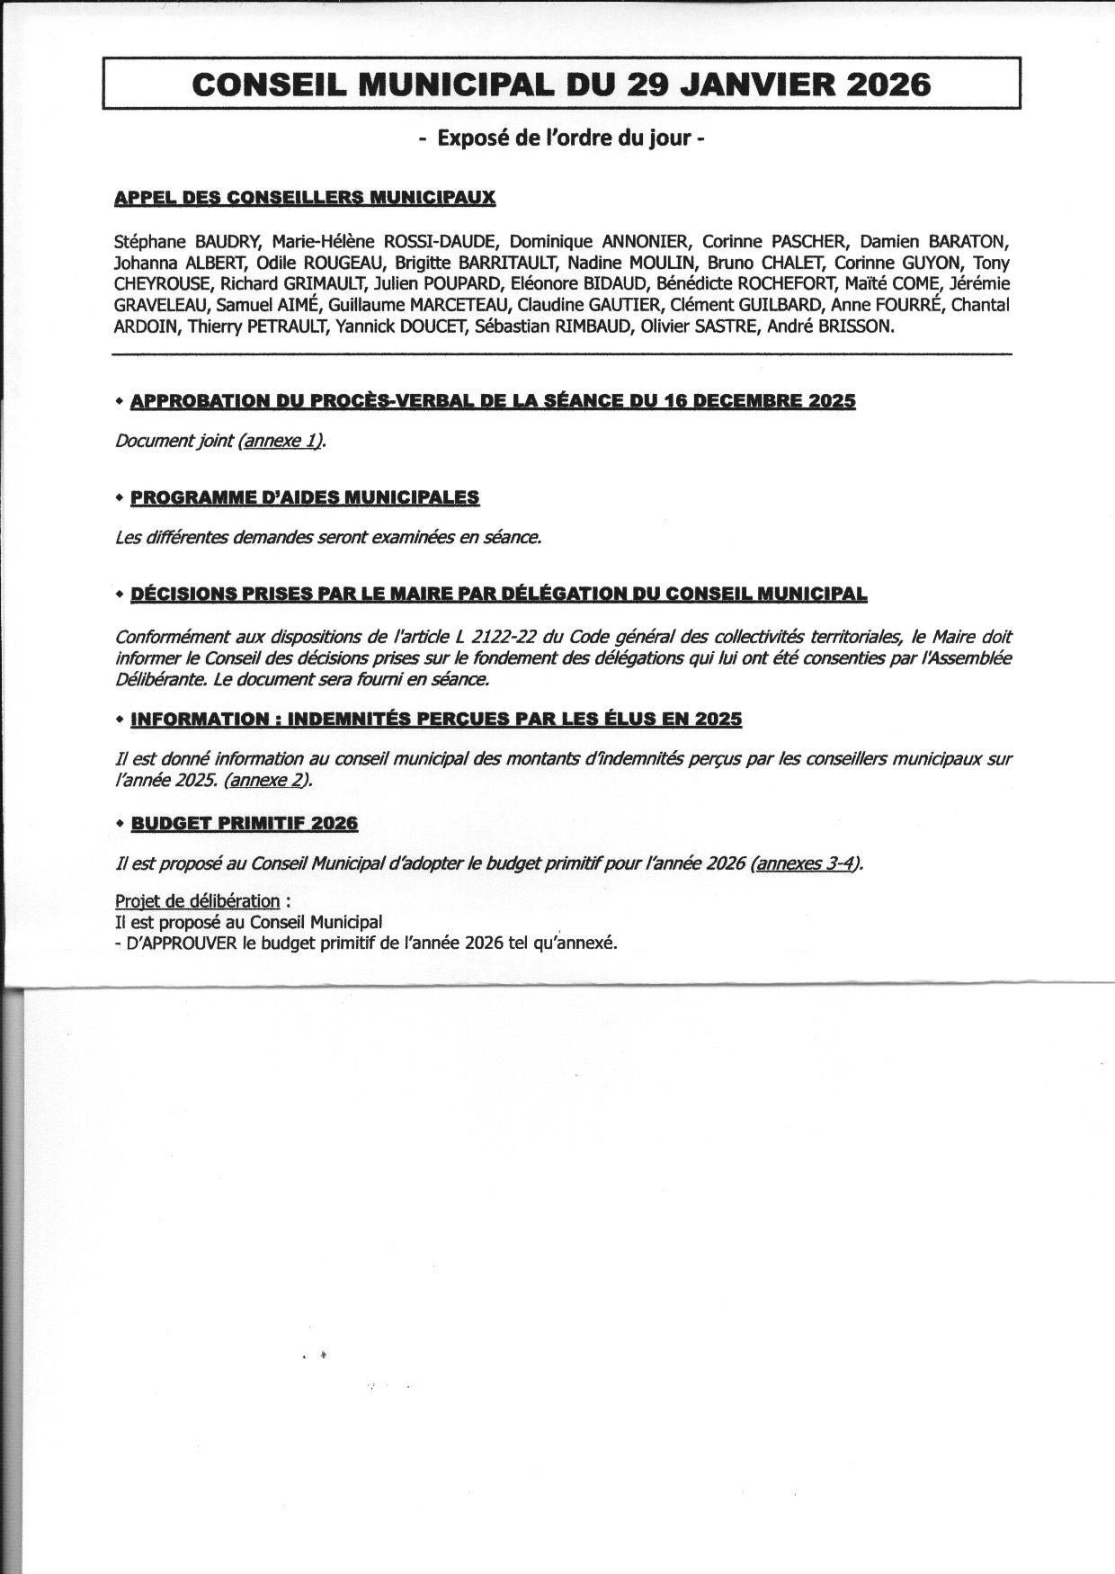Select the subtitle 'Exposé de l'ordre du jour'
click(561, 139)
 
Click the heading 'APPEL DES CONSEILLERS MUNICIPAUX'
click(305, 198)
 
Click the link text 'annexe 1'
click(280, 442)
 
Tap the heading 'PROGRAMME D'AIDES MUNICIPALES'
click(305, 497)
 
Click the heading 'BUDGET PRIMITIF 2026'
click(245, 823)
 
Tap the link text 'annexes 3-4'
click(806, 863)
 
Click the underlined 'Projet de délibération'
click(197, 901)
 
